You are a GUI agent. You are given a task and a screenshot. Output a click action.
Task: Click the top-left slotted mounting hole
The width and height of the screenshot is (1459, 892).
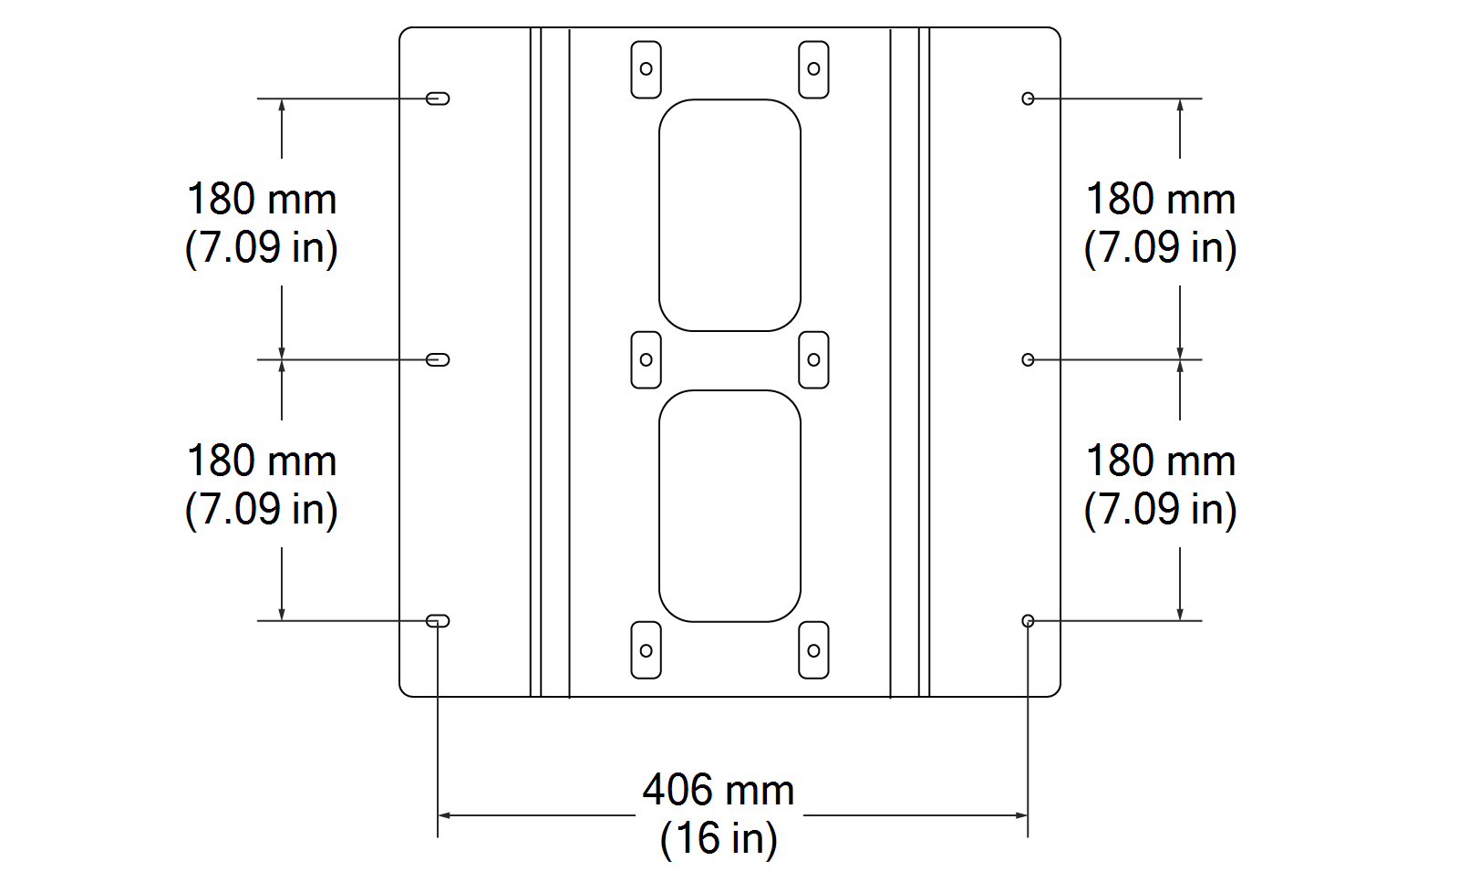click(438, 99)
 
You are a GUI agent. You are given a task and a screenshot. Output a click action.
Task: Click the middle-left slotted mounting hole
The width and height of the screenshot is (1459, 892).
click(438, 360)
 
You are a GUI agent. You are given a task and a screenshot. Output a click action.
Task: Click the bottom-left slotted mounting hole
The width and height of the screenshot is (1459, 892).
click(438, 621)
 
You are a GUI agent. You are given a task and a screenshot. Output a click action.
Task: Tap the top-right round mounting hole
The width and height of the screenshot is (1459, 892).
click(1028, 99)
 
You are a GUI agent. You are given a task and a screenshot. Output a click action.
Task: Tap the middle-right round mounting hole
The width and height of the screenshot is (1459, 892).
click(1028, 360)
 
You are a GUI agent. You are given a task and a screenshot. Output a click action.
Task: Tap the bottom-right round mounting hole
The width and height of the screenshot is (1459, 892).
click(1028, 621)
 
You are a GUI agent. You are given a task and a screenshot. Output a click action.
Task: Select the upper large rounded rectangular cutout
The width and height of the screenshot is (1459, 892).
click(729, 215)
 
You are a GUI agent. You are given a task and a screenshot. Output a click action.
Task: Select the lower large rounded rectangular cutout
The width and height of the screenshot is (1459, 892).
click(729, 506)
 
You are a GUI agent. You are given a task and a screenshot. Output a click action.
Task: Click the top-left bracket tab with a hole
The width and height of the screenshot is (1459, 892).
click(646, 69)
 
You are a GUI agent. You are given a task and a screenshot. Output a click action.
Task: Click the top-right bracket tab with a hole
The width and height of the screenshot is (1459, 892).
click(813, 69)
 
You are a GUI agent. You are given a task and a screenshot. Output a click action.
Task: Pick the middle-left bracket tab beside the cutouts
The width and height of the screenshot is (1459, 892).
click(646, 360)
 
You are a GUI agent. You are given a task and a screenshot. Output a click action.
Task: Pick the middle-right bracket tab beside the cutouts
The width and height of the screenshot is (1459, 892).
click(813, 360)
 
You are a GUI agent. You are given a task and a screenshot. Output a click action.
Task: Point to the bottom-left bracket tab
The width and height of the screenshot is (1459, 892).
click(646, 650)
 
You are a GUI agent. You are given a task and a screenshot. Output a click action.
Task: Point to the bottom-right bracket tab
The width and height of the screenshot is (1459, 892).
click(813, 650)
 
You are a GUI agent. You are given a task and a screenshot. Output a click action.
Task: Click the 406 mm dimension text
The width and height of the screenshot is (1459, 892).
click(719, 790)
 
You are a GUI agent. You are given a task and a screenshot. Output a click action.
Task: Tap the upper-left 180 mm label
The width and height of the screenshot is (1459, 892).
click(262, 200)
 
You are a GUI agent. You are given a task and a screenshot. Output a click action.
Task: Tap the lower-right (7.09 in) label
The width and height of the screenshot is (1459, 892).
click(1160, 509)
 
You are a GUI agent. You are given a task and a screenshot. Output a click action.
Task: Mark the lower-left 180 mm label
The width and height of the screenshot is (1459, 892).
click(262, 462)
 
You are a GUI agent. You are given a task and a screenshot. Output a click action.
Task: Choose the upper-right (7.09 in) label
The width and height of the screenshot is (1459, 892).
click(1160, 247)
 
